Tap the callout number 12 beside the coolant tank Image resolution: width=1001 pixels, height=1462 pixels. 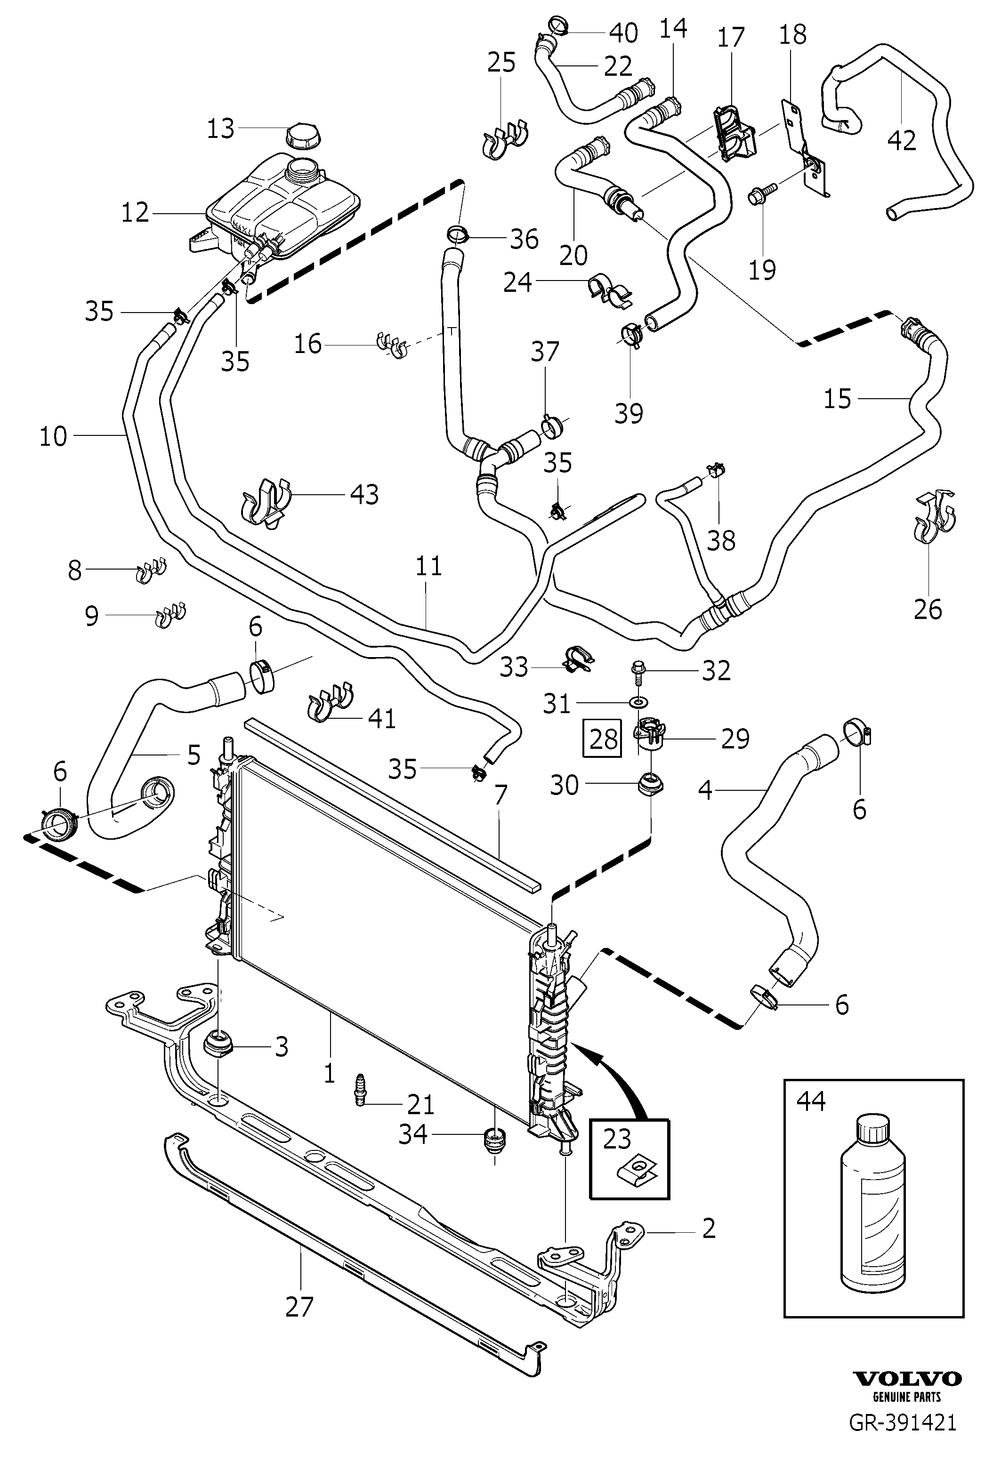pyautogui.click(x=135, y=213)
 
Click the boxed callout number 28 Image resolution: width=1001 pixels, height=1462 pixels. pyautogui.click(x=603, y=739)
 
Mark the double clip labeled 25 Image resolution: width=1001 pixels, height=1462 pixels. pyautogui.click(x=505, y=140)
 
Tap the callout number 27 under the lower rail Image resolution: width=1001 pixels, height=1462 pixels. pyautogui.click(x=299, y=1306)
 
